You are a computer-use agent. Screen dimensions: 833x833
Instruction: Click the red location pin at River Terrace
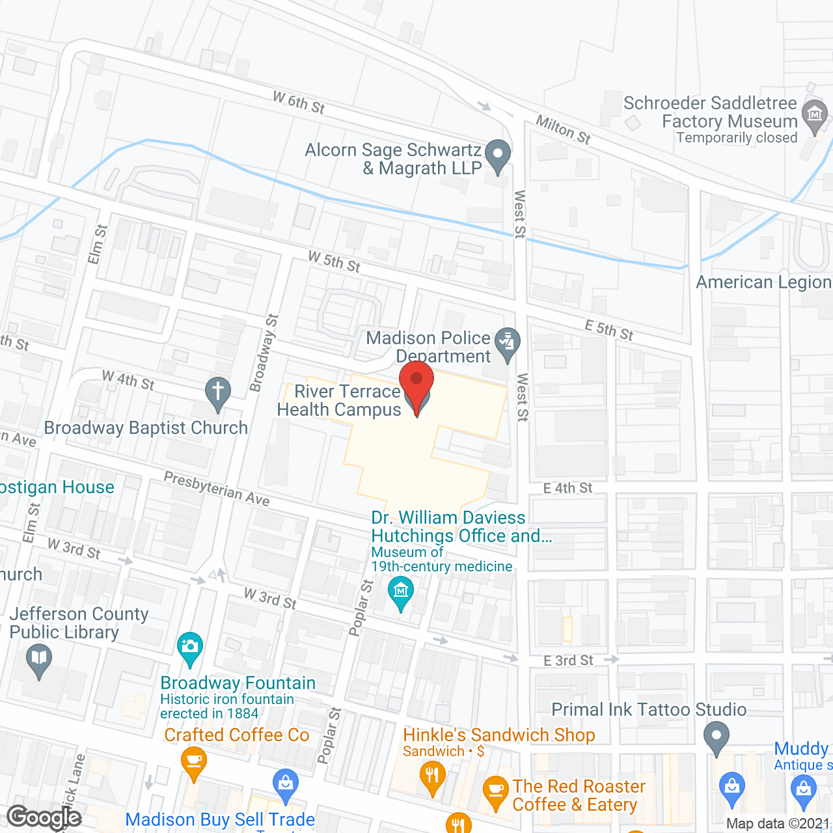click(x=416, y=381)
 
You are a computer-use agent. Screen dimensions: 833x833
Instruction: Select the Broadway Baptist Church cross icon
click(x=218, y=392)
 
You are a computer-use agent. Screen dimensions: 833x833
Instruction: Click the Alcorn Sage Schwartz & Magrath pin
click(x=498, y=156)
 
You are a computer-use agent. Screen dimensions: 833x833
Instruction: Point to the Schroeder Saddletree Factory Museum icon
click(x=814, y=115)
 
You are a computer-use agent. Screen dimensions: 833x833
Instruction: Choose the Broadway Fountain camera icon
click(x=189, y=647)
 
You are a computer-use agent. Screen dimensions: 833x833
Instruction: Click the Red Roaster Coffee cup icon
click(x=496, y=791)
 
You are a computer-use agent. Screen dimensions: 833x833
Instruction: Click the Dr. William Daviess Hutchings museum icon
click(x=400, y=592)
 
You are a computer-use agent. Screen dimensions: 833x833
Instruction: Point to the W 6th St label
click(x=299, y=103)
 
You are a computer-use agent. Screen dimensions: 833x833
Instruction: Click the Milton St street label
click(x=563, y=130)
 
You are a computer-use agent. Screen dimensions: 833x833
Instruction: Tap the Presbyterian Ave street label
click(x=216, y=488)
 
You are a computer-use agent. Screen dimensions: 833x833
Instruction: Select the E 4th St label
click(x=567, y=488)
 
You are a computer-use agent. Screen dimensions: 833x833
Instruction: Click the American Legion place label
click(x=763, y=282)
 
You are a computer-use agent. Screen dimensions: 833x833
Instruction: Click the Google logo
click(x=44, y=817)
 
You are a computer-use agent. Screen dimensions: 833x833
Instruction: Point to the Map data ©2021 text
click(x=778, y=823)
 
